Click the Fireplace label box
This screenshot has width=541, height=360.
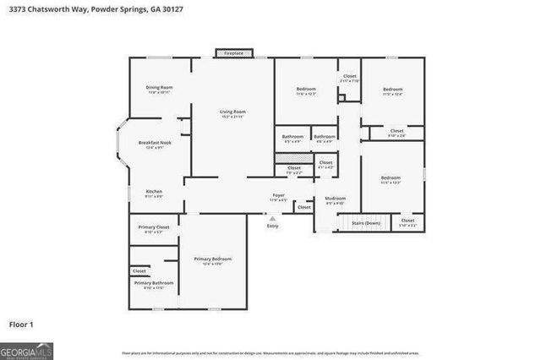233,53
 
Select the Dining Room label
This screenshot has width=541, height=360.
159,88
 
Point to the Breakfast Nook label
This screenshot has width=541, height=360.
154,143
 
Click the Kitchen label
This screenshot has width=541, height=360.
154,192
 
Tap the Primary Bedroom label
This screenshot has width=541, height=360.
212,259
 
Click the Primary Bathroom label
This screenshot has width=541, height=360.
154,282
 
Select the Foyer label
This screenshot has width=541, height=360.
278,195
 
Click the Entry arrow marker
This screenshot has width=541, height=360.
272,218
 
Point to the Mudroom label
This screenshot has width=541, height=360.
336,199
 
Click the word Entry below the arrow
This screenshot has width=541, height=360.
272,226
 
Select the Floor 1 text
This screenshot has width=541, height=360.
21,324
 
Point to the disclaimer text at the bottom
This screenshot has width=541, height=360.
270,352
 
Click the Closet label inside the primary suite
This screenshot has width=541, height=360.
139,270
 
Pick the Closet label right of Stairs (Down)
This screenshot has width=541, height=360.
407,221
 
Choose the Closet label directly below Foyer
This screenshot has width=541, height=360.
304,207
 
